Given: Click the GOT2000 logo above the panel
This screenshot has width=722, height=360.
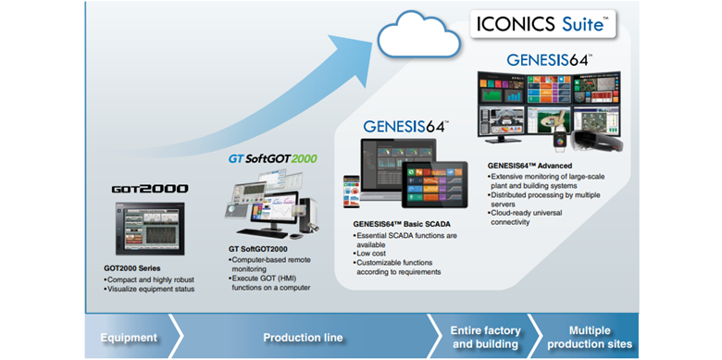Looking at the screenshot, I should tap(149, 189).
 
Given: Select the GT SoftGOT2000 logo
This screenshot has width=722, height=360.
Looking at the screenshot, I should tap(272, 158).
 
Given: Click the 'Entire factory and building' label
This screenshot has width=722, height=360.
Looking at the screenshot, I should tap(485, 338).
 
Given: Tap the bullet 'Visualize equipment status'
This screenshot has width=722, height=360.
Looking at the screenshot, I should tap(150, 290).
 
